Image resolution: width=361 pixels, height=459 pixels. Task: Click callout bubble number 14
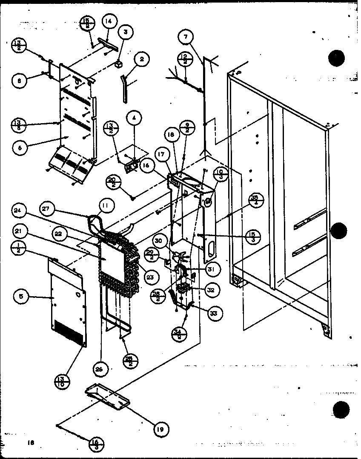(109, 20)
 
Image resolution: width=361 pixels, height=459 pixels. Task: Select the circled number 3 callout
(126, 32)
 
